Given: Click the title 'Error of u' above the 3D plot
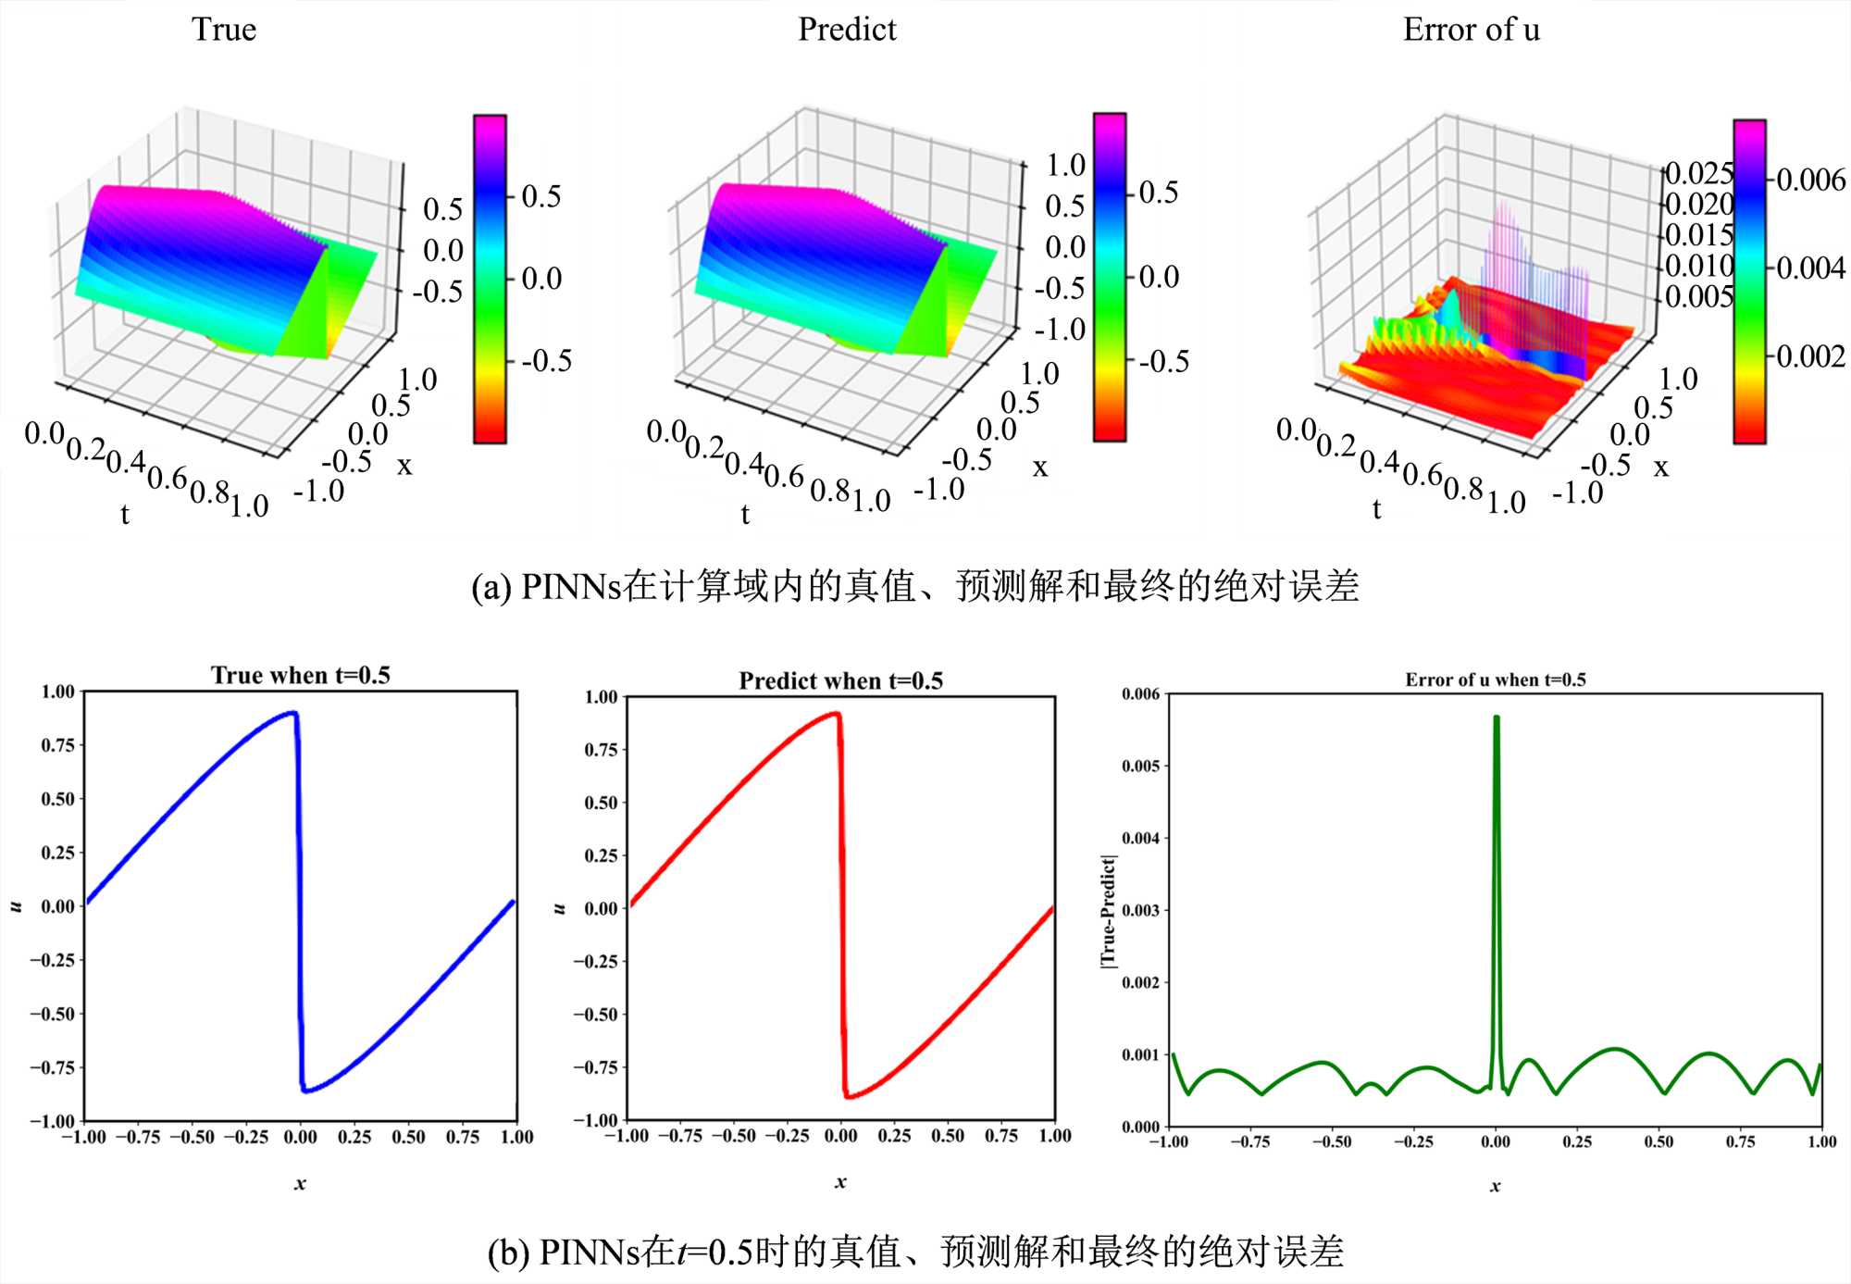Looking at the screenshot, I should pyautogui.click(x=1471, y=30).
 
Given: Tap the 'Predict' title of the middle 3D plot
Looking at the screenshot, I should pyautogui.click(x=847, y=30).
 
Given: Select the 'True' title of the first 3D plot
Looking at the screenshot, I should pyautogui.click(x=224, y=30).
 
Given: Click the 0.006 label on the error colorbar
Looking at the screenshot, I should pyautogui.click(x=1810, y=180).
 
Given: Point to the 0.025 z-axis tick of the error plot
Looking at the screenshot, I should pyautogui.click(x=1698, y=173).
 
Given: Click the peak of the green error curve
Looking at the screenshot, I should pyautogui.click(x=1496, y=717).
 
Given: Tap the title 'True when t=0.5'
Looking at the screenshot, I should pyautogui.click(x=301, y=675).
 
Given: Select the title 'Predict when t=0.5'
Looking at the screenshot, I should pyautogui.click(x=840, y=681).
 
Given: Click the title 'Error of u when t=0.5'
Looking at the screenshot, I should pyautogui.click(x=1495, y=679).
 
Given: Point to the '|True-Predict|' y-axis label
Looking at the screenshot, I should pyautogui.click(x=1108, y=911).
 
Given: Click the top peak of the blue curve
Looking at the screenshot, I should pyautogui.click(x=292, y=713).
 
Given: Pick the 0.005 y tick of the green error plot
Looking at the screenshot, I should pyautogui.click(x=1140, y=767).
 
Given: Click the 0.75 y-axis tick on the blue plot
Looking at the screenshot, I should pyautogui.click(x=57, y=745).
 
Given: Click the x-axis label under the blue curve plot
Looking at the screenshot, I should pyautogui.click(x=300, y=1183).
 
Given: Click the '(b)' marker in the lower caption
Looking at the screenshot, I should pyautogui.click(x=508, y=1253).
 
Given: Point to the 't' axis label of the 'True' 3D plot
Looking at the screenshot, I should pyautogui.click(x=125, y=514).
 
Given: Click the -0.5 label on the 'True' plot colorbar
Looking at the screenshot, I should pyautogui.click(x=546, y=361).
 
